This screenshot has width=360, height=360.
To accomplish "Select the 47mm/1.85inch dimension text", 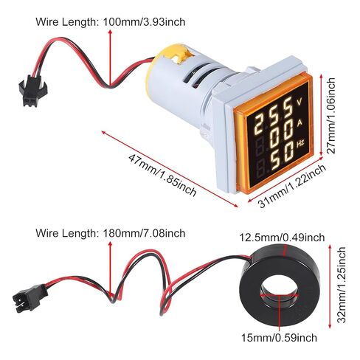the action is pyautogui.click(x=162, y=176).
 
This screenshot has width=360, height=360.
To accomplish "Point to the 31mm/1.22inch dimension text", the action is pyautogui.click(x=292, y=186).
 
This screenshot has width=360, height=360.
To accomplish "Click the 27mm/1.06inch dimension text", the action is pyautogui.click(x=332, y=116).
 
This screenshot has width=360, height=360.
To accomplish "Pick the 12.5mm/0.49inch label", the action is pyautogui.click(x=282, y=238).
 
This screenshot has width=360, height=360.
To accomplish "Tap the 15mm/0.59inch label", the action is pyautogui.click(x=279, y=338).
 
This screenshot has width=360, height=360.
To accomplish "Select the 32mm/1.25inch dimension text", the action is pyautogui.click(x=342, y=285).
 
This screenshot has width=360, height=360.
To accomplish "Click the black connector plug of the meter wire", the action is pyautogui.click(x=32, y=91).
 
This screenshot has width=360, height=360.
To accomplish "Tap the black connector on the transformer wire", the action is pyautogui.click(x=29, y=298).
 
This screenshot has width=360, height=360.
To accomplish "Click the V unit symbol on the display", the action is pyautogui.click(x=300, y=102).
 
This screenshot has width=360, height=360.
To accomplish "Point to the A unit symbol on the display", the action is pyautogui.click(x=300, y=123).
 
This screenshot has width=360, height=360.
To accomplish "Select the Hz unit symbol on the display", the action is pyautogui.click(x=300, y=143).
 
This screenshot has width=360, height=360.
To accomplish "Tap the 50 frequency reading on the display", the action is pyautogui.click(x=282, y=156).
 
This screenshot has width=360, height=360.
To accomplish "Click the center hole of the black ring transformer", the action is pyautogui.click(x=280, y=292).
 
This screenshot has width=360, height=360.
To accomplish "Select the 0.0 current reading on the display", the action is pyautogui.click(x=280, y=135).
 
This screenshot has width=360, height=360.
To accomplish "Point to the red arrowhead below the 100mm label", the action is pyautogui.click(x=110, y=32).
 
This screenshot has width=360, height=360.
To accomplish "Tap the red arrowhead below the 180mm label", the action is pyautogui.click(x=110, y=244).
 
